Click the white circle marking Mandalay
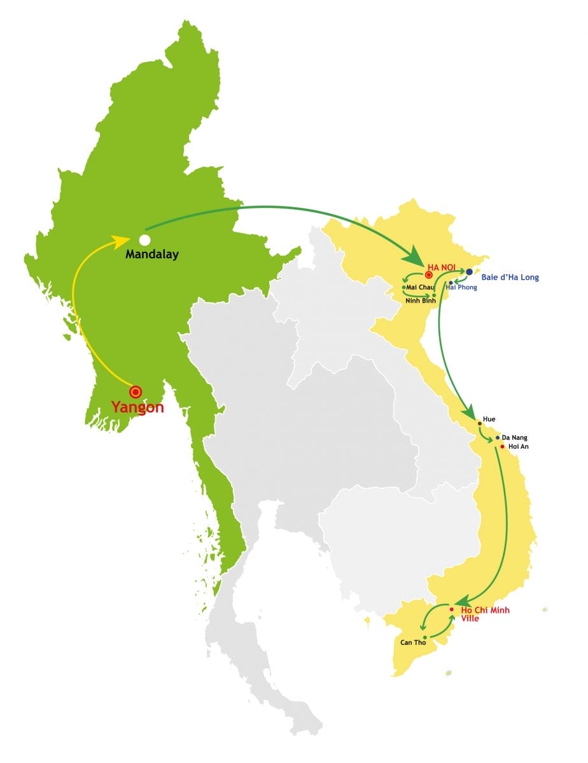tap(144, 240)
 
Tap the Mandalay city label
tap(152, 254)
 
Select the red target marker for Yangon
tap(135, 392)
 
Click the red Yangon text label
tap(137, 408)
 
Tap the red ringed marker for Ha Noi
tap(429, 275)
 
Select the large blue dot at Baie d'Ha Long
tap(470, 272)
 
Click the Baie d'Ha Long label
tap(510, 278)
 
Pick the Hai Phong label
tap(461, 287)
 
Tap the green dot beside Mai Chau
tap(403, 287)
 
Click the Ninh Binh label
tap(421, 301)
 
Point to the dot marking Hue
tap(479, 423)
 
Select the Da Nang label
tap(514, 437)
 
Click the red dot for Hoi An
tap(502, 446)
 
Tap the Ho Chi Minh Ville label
tap(485, 614)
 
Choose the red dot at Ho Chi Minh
tap(452, 610)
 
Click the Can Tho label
tap(412, 642)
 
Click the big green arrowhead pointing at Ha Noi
tap(413, 258)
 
